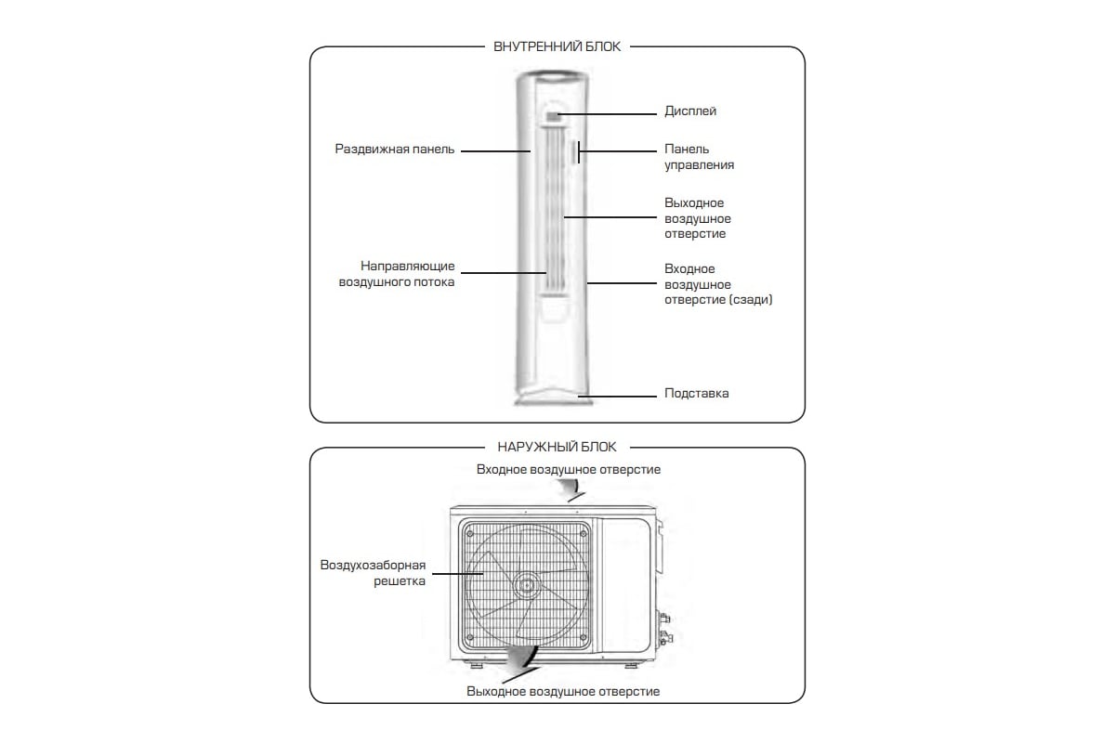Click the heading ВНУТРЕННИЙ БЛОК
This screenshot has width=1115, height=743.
tap(557, 46)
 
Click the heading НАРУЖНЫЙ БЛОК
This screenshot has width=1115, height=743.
tap(557, 447)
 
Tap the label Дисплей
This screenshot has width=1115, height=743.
tap(690, 111)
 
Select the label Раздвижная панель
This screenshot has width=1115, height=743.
tap(395, 150)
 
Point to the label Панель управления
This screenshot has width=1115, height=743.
tap(699, 157)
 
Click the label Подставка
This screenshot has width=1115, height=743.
tap(696, 394)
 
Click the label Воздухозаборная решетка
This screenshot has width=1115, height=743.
tap(373, 573)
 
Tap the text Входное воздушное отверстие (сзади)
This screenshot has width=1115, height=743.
tap(718, 284)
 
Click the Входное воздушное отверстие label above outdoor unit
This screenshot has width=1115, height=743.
tap(569, 470)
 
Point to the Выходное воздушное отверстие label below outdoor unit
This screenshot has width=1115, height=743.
tap(563, 692)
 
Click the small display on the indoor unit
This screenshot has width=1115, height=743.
tap(553, 116)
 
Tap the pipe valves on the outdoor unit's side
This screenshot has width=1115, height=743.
tap(664, 627)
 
